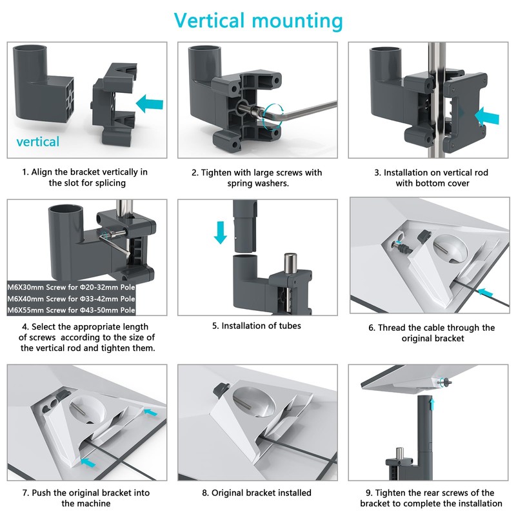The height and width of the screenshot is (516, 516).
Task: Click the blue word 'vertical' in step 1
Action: pos(37,141)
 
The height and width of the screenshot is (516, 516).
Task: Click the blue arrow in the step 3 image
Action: pos(486,115)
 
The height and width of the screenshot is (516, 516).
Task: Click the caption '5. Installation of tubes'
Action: pos(257,326)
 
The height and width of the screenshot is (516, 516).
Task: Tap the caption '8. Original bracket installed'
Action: pos(257,493)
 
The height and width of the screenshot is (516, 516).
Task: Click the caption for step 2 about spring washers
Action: pos(257,178)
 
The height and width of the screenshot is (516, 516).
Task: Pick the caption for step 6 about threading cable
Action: pos(432,333)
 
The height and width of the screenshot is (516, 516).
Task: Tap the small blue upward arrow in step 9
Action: pos(431,402)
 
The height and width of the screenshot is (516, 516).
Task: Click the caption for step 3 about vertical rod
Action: pos(432,178)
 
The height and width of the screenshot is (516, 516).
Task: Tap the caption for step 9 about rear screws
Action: pos(432,498)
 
